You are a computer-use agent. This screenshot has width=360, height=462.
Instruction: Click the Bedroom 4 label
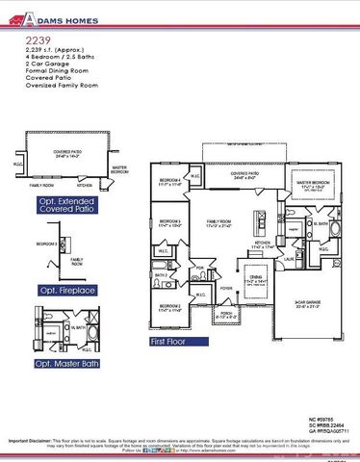coord(169,184)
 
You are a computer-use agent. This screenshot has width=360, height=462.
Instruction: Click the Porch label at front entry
coord(223,314)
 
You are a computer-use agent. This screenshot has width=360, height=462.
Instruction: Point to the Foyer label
coord(226,287)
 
